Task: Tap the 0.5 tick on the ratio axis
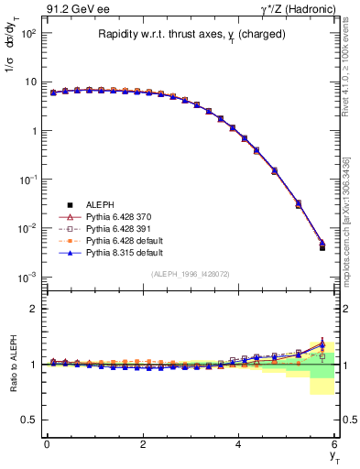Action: pyautogui.click(x=28, y=420)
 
